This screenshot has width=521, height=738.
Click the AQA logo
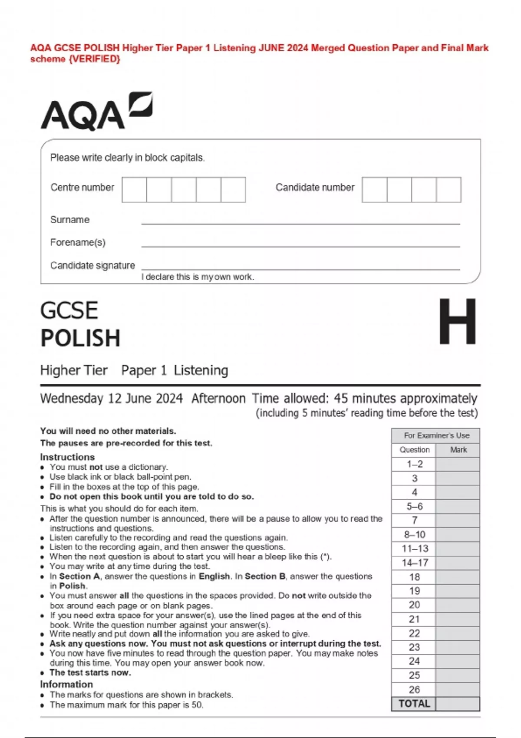pyautogui.click(x=96, y=112)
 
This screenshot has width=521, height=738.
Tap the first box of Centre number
pyautogui.click(x=134, y=190)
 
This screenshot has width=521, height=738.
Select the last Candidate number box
pyautogui.click(x=448, y=190)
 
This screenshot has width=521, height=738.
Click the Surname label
pyautogui.click(x=70, y=220)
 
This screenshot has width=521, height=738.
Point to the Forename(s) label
pyautogui.click(x=78, y=242)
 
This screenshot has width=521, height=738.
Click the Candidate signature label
pyautogui.click(x=92, y=265)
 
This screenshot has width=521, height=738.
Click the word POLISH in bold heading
pyautogui.click(x=80, y=338)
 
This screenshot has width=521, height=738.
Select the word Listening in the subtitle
pyautogui.click(x=201, y=370)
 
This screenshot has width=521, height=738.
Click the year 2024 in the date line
pyautogui.click(x=169, y=399)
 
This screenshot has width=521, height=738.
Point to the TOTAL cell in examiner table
pyautogui.click(x=414, y=704)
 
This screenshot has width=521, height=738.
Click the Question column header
pyautogui.click(x=414, y=450)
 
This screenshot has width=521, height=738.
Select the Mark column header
pyautogui.click(x=458, y=450)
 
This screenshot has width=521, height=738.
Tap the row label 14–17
pyautogui.click(x=415, y=563)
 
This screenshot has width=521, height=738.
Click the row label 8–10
pyautogui.click(x=415, y=534)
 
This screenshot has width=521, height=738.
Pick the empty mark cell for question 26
pyautogui.click(x=458, y=689)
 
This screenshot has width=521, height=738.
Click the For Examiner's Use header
pyautogui.click(x=436, y=435)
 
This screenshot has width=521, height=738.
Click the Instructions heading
pyautogui.click(x=67, y=457)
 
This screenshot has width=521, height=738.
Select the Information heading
pyautogui.click(x=66, y=684)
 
